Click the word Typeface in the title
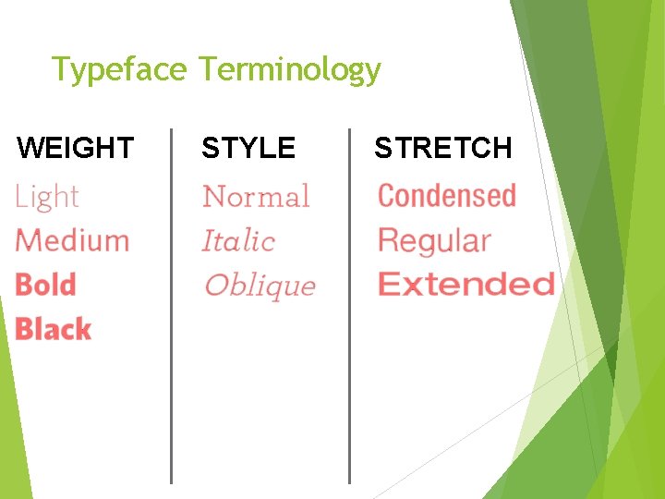click(119, 70)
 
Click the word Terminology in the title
click(289, 70)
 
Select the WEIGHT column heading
click(76, 148)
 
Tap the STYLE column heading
click(248, 148)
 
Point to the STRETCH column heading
click(442, 148)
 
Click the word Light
click(47, 197)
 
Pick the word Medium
click(72, 240)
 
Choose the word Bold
click(45, 285)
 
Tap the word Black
click(53, 329)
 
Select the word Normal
click(256, 197)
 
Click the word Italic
click(238, 241)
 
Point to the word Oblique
click(260, 286)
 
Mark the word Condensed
click(447, 196)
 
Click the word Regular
click(434, 241)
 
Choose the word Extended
click(466, 284)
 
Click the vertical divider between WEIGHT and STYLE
click(172, 305)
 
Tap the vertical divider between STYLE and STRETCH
click(349, 305)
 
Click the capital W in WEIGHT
click(30, 148)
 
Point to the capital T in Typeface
click(60, 70)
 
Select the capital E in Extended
click(388, 284)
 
